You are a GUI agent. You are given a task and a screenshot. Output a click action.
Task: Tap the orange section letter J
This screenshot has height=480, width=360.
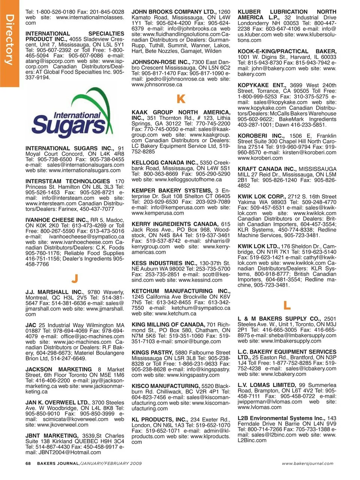tap(75, 279)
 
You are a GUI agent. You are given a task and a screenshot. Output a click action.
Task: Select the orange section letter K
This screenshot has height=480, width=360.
tap(181, 99)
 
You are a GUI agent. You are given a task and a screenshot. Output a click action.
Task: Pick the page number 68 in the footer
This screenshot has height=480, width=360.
tap(28, 463)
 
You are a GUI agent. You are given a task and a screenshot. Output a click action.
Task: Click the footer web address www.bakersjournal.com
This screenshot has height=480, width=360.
tap(307, 463)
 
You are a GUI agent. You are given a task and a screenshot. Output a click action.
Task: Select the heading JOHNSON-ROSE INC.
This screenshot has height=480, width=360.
tap(160, 62)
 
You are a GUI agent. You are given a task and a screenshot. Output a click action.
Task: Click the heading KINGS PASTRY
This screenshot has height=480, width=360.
tap(152, 353)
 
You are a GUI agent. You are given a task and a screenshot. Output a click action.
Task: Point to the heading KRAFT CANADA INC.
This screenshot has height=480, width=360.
tap(267, 169)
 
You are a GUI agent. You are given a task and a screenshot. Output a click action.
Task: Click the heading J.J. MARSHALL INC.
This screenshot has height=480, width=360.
tap(54, 292)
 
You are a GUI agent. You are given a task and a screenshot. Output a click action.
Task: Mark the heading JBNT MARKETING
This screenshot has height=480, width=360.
tap(51, 436)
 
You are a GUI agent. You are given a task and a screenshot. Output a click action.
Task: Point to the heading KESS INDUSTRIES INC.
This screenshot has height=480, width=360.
tap(164, 263)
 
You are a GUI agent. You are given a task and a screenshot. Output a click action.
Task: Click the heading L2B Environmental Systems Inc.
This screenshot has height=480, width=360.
tap(281, 418)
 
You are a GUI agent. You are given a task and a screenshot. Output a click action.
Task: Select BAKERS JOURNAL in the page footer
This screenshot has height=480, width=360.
tap(57, 463)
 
